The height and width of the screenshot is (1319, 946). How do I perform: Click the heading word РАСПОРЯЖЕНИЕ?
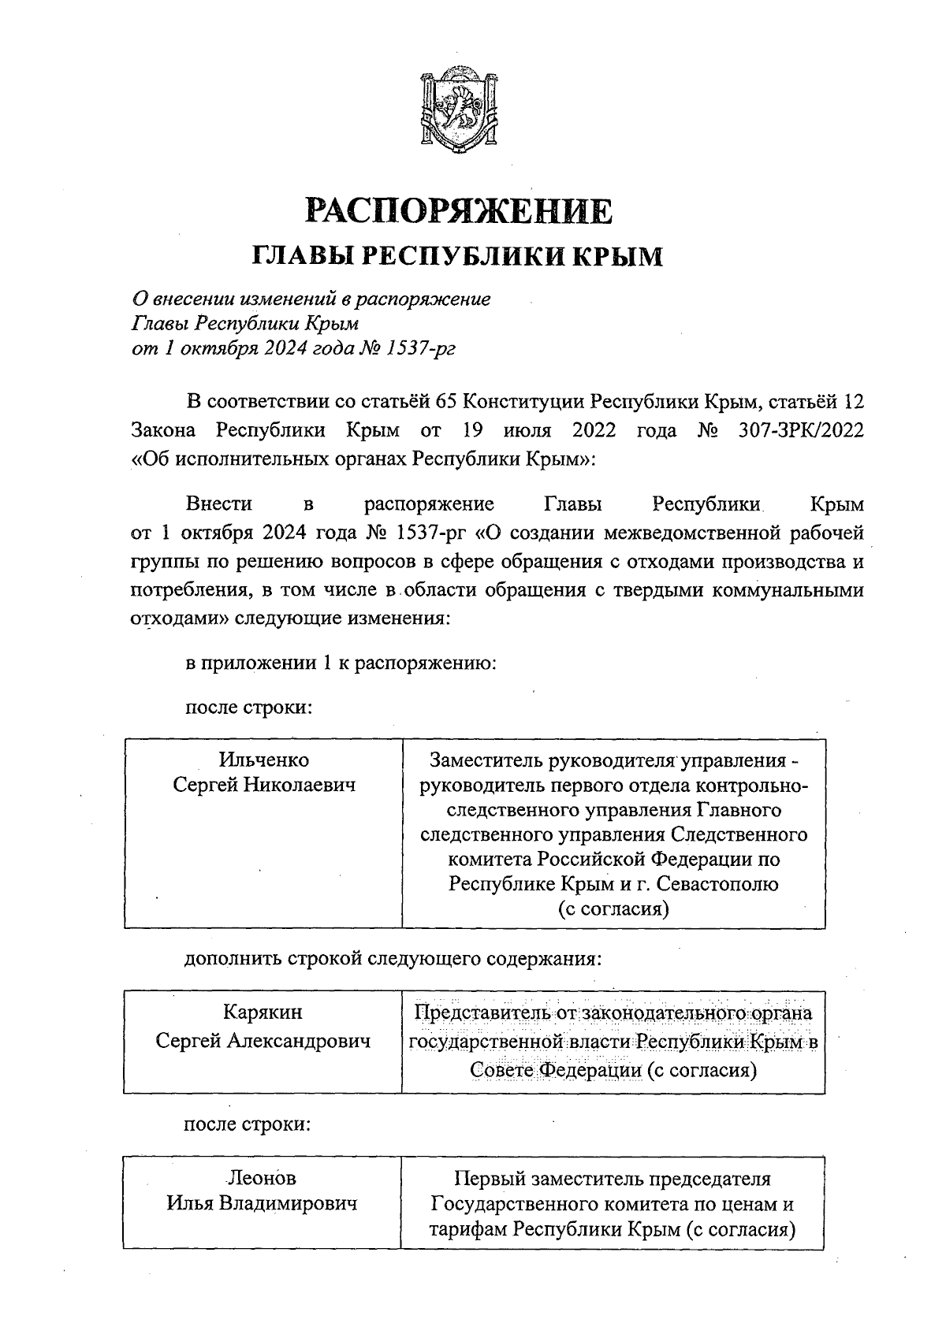[458, 211]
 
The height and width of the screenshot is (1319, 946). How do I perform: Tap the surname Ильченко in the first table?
[264, 760]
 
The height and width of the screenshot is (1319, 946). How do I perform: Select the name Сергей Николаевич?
[264, 785]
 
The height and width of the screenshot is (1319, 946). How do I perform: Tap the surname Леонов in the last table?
[262, 1179]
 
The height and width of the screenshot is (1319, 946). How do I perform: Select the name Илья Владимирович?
[262, 1204]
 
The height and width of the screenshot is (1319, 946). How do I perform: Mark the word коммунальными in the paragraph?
[788, 590]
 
